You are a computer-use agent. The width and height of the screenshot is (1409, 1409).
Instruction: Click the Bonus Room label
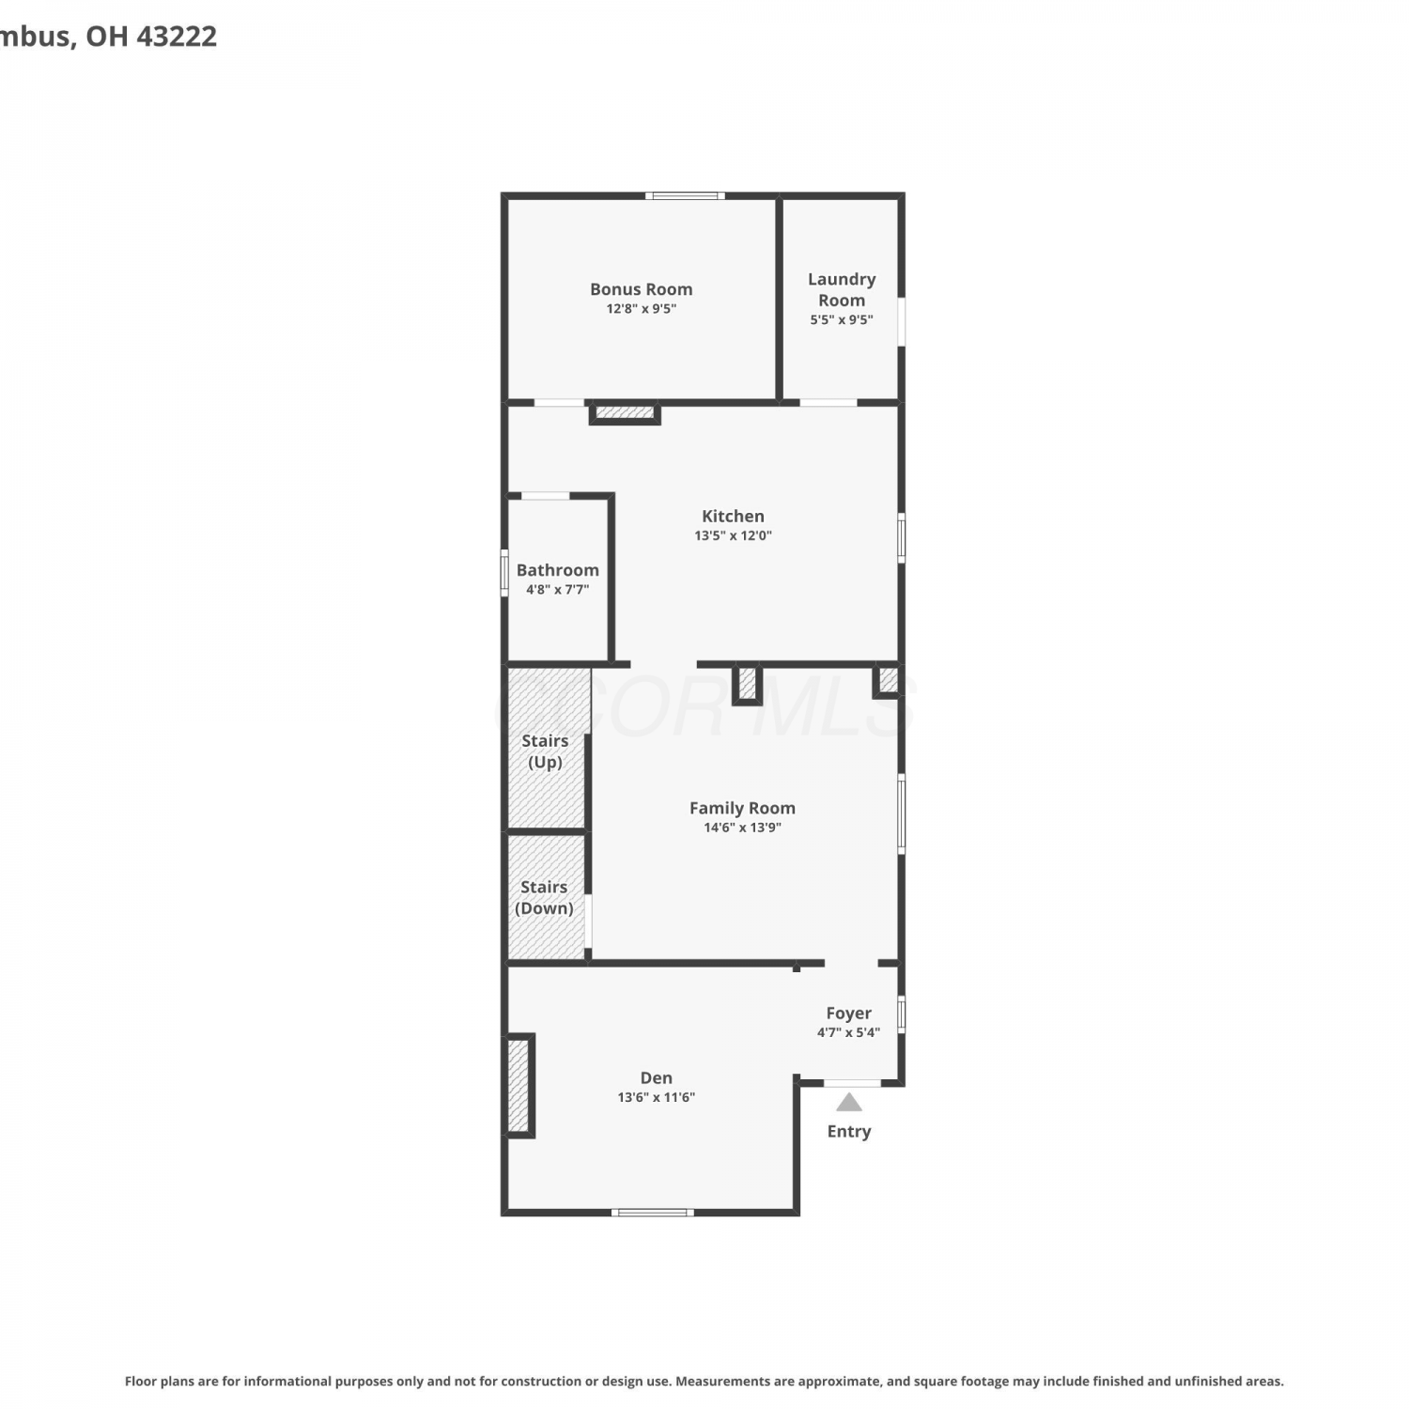(642, 289)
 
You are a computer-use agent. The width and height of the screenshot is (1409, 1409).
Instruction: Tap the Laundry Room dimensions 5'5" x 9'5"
(842, 319)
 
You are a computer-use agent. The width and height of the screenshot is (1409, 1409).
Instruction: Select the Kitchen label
(733, 516)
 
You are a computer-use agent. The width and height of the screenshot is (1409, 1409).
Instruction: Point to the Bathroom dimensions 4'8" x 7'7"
(557, 590)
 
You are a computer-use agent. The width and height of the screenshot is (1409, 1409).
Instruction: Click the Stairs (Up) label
(545, 751)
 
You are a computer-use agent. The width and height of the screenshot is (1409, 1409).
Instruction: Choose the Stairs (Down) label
(544, 897)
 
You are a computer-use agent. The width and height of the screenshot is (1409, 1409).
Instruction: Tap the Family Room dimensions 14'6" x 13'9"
(742, 828)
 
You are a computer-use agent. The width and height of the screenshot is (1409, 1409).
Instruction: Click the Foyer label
(848, 1013)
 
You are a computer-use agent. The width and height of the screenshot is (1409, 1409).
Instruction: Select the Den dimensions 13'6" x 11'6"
(656, 1097)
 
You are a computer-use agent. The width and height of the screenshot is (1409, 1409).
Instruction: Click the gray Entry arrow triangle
(849, 1103)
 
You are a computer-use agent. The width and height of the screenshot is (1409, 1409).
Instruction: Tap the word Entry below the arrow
(849, 1132)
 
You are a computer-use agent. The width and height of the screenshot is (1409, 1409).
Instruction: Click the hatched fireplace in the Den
(519, 1086)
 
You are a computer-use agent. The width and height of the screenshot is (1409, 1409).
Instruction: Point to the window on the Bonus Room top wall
(685, 195)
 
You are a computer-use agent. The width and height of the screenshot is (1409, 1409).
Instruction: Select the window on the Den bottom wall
(653, 1213)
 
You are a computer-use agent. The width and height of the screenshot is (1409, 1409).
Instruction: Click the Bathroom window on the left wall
(504, 573)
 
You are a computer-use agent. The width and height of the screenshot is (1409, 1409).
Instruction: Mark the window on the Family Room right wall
(902, 813)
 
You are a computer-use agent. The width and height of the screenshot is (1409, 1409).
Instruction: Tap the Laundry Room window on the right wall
(902, 322)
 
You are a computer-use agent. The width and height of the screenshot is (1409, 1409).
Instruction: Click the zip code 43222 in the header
(177, 36)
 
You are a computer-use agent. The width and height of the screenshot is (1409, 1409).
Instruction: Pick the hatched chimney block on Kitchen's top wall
(625, 412)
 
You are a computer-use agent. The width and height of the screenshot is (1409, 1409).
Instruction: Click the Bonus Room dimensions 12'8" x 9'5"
(642, 308)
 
